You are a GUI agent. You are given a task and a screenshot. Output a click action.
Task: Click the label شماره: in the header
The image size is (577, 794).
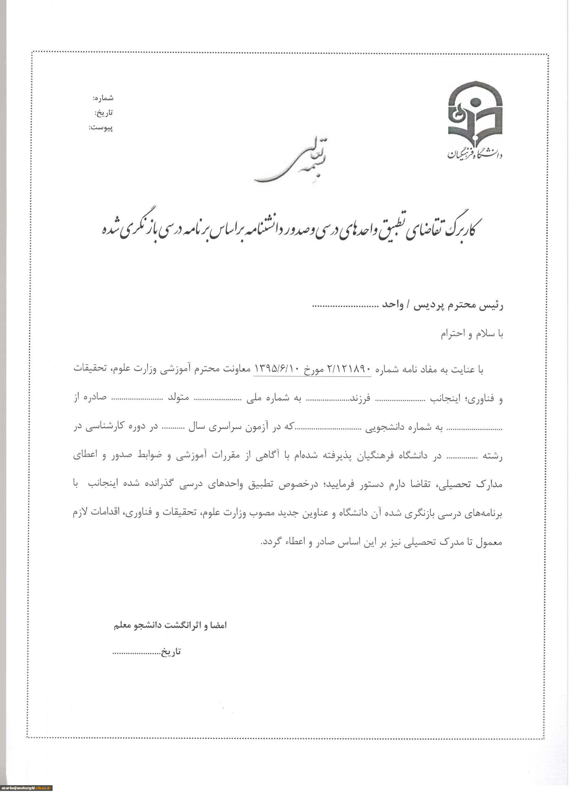(103, 98)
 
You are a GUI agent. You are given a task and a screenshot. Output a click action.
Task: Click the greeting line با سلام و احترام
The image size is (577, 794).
(471, 334)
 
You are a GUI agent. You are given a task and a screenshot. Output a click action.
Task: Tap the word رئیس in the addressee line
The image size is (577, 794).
(493, 305)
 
